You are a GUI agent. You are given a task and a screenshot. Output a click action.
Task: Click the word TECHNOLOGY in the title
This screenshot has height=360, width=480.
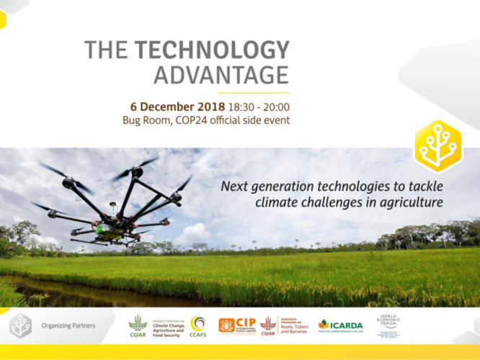(212, 50)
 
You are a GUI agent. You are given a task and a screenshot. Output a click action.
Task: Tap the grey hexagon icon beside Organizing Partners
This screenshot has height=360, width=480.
(20, 326)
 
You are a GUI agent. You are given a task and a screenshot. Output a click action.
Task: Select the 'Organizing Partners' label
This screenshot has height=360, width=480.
(68, 326)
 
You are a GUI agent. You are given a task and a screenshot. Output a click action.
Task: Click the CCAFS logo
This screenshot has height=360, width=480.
(197, 325)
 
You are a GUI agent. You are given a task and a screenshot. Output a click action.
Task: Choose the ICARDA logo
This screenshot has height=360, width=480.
(341, 325)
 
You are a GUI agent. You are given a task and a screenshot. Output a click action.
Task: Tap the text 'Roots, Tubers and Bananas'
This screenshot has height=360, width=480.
(293, 326)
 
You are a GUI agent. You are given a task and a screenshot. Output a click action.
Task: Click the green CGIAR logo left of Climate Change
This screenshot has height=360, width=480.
(138, 325)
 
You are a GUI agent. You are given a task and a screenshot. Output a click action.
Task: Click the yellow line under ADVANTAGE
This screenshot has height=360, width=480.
(253, 93)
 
